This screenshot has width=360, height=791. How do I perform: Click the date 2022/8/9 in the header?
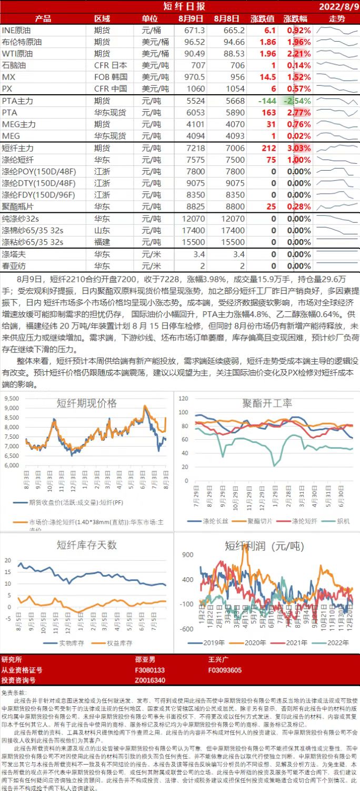pyautogui.click(x=339, y=6)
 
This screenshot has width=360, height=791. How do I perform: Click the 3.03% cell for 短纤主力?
pyautogui.click(x=299, y=149)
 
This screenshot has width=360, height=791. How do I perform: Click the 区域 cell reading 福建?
pyautogui.click(x=102, y=242)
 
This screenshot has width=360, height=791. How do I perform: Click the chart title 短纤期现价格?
pyautogui.click(x=87, y=403)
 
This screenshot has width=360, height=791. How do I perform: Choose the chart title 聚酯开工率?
pyautogui.click(x=267, y=403)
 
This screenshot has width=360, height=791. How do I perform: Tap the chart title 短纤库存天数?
pyautogui.click(x=87, y=545)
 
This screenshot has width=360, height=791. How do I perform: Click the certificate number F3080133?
pyautogui.click(x=150, y=670)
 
